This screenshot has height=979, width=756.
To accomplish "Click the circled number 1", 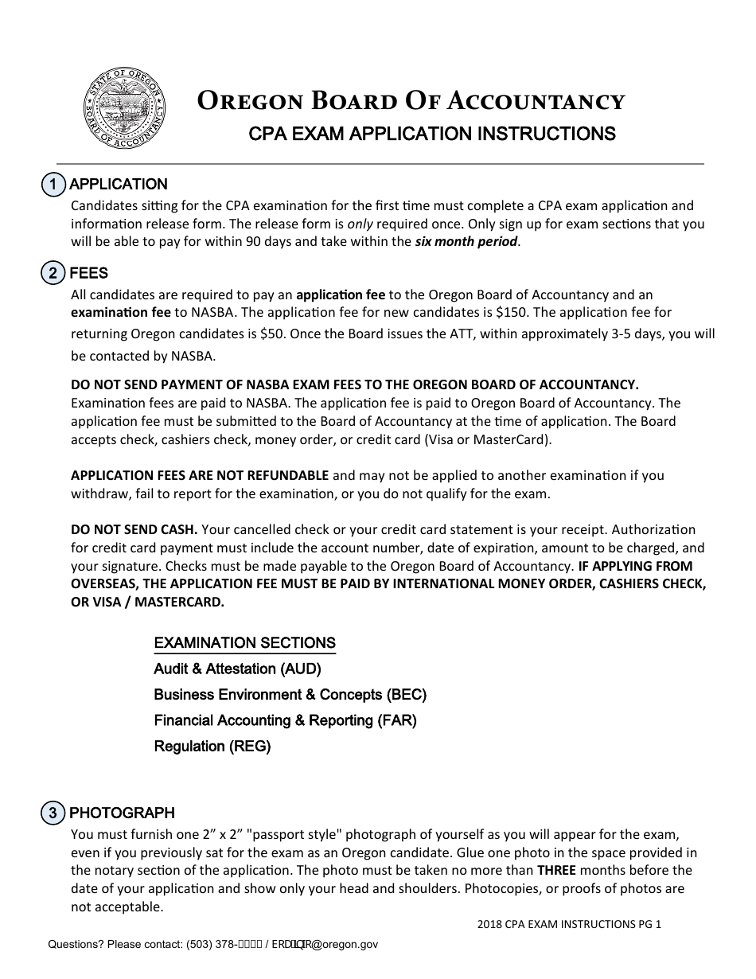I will pyautogui.click(x=53, y=185).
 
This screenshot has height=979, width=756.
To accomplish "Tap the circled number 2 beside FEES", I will pyautogui.click(x=53, y=273).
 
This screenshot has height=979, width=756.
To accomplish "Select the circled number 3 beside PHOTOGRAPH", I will pyautogui.click(x=53, y=813).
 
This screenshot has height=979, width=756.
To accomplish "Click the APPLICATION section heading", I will pyautogui.click(x=119, y=185).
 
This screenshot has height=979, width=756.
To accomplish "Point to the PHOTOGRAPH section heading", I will pyautogui.click(x=122, y=813).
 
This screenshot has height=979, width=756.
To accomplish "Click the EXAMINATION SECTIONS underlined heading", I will pyautogui.click(x=244, y=643).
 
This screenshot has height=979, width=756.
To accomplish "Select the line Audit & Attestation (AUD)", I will pyautogui.click(x=237, y=669).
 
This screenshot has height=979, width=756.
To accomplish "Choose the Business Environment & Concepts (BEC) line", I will pyautogui.click(x=290, y=695).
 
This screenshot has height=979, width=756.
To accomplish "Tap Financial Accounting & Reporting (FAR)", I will pyautogui.click(x=285, y=720).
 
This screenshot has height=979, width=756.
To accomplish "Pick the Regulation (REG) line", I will pyautogui.click(x=212, y=747).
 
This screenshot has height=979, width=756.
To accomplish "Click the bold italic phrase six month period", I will pyautogui.click(x=466, y=242).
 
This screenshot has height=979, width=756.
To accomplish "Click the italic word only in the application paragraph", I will pyautogui.click(x=360, y=224).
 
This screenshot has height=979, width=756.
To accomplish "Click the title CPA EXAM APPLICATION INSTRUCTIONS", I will pyautogui.click(x=432, y=134).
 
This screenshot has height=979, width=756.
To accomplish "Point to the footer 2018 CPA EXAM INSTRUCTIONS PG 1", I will pyautogui.click(x=569, y=924).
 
